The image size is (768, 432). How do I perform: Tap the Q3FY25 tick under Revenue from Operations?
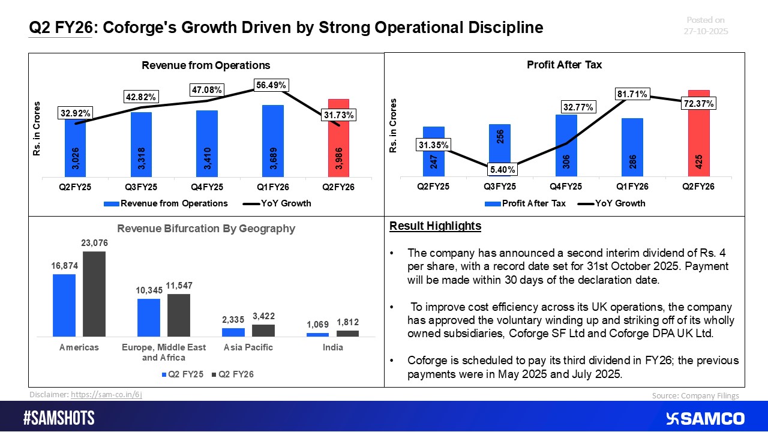click(141, 187)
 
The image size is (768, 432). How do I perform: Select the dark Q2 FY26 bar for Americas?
click(94, 294)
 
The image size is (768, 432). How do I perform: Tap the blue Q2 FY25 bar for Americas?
click(64, 305)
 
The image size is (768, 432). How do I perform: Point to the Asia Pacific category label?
click(248, 347)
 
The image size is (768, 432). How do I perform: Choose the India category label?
click(332, 347)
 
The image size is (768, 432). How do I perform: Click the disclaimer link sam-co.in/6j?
click(106, 394)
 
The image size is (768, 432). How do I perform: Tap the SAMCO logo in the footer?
click(706, 418)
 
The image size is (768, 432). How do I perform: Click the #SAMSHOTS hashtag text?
click(59, 418)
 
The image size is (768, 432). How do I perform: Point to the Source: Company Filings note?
click(695, 395)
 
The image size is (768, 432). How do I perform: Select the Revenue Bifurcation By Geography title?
click(206, 228)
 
